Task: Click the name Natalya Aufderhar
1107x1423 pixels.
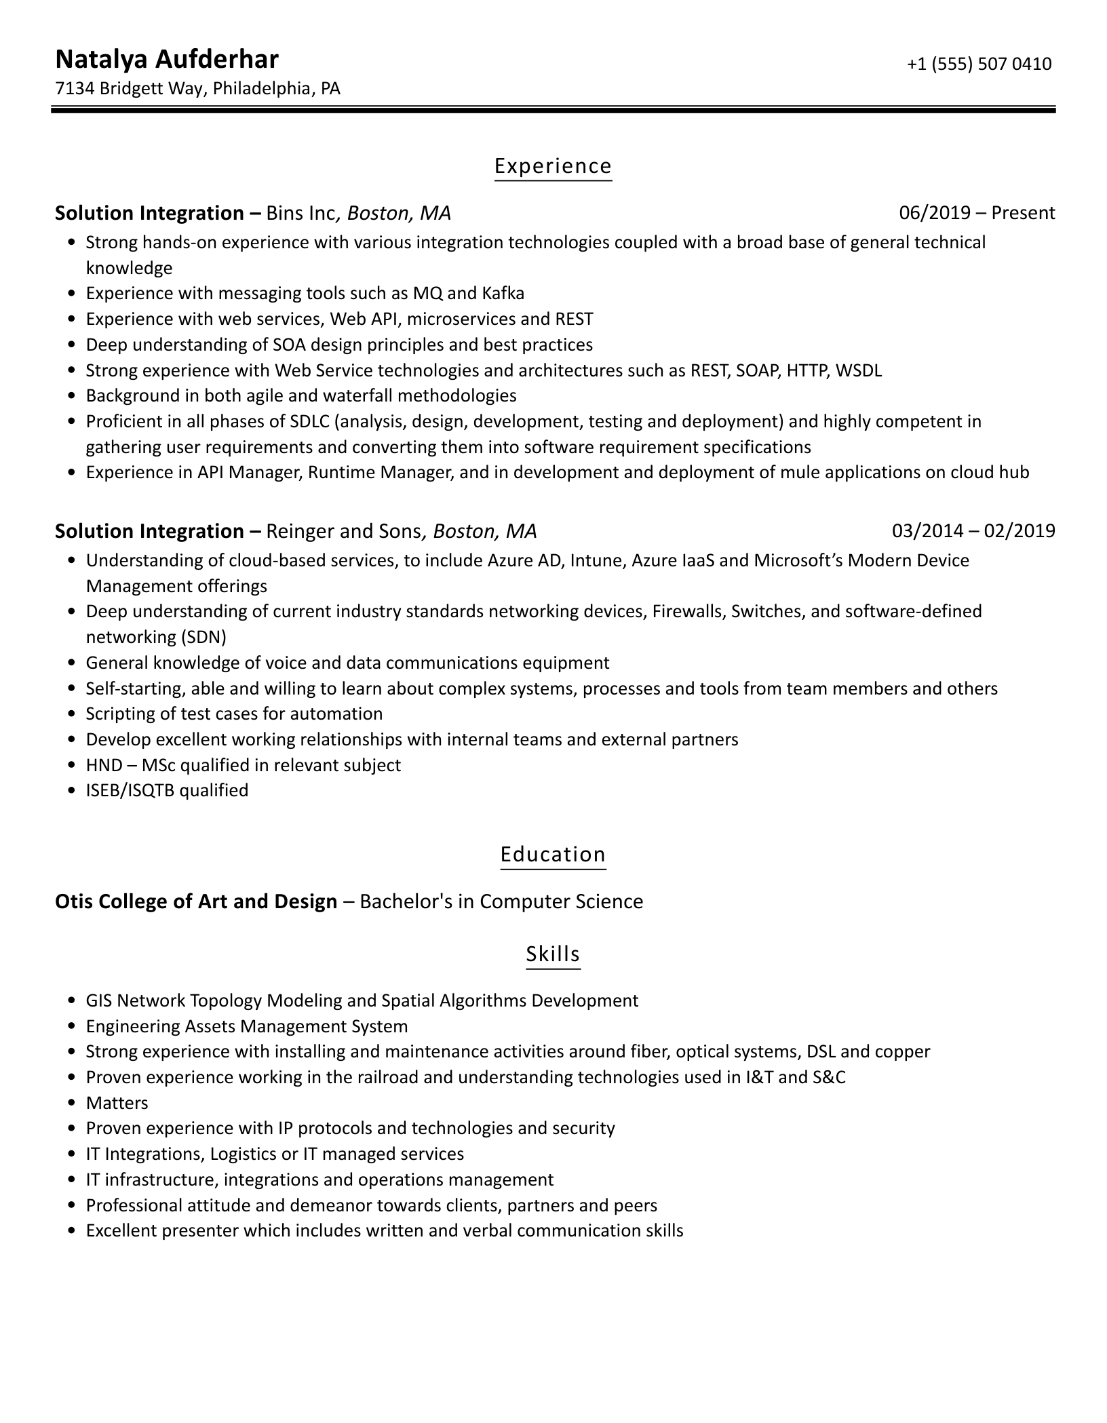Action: [x=166, y=60]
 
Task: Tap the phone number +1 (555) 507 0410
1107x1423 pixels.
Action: [x=979, y=64]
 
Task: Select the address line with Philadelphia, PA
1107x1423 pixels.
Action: [x=197, y=89]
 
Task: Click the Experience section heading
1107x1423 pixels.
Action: [x=553, y=166]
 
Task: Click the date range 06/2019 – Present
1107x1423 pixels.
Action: [x=977, y=213]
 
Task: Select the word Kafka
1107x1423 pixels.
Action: [x=503, y=294]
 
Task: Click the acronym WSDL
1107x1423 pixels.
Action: [x=858, y=371]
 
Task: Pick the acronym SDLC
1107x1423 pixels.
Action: [x=309, y=422]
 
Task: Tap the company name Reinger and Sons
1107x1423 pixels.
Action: [x=344, y=531]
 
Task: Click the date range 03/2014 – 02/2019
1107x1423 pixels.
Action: [x=973, y=530]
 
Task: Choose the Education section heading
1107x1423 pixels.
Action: [x=553, y=855]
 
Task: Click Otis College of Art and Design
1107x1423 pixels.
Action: [x=196, y=902]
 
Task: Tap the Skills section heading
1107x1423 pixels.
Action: [x=553, y=954]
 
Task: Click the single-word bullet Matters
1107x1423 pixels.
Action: [x=117, y=1104]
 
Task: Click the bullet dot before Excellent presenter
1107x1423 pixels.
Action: [x=72, y=1232]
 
